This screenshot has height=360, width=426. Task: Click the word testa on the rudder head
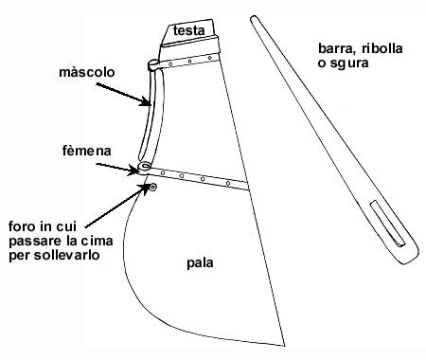(x=191, y=31)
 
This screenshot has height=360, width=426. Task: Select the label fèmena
(x=82, y=151)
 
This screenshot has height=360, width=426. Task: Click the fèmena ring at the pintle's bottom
(x=143, y=168)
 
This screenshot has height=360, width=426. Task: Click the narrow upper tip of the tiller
(x=257, y=18)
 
